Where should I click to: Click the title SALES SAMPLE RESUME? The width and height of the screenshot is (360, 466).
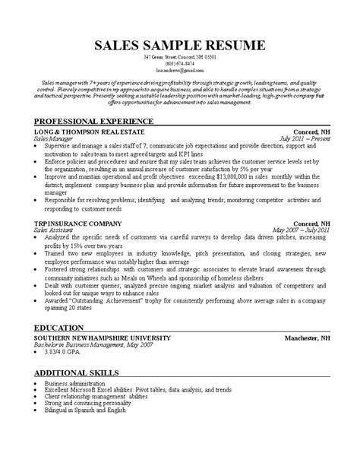click(x=179, y=45)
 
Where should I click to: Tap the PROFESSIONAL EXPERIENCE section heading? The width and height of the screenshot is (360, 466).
click(x=94, y=122)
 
